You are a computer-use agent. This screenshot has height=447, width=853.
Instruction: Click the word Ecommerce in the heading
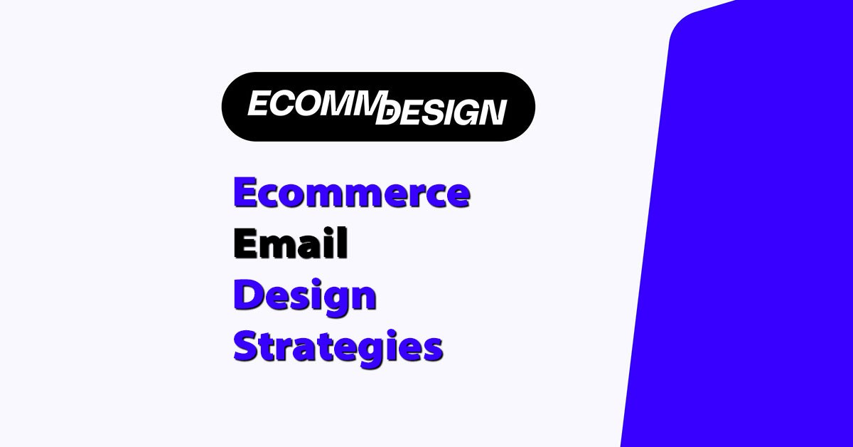(351, 193)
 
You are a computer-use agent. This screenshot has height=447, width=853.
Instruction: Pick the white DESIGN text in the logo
(441, 113)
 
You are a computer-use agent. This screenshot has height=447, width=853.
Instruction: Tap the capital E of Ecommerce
(245, 193)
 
